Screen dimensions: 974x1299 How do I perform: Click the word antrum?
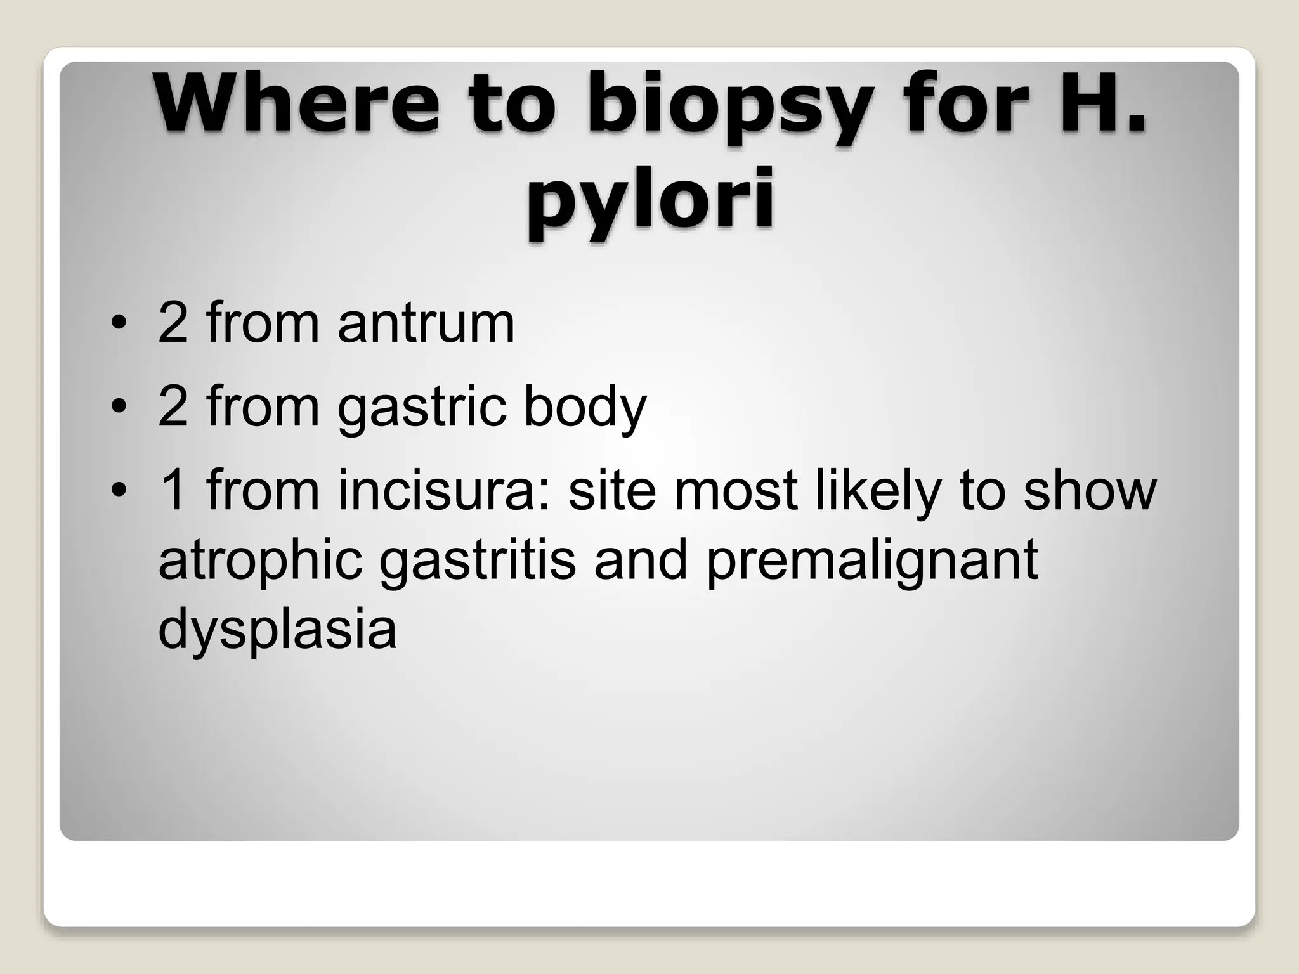click(426, 323)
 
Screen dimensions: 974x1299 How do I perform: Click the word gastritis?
click(477, 561)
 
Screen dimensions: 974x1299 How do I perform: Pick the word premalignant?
click(871, 561)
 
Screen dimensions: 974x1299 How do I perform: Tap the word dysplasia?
click(277, 631)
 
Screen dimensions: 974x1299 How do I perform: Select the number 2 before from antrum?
click(173, 323)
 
